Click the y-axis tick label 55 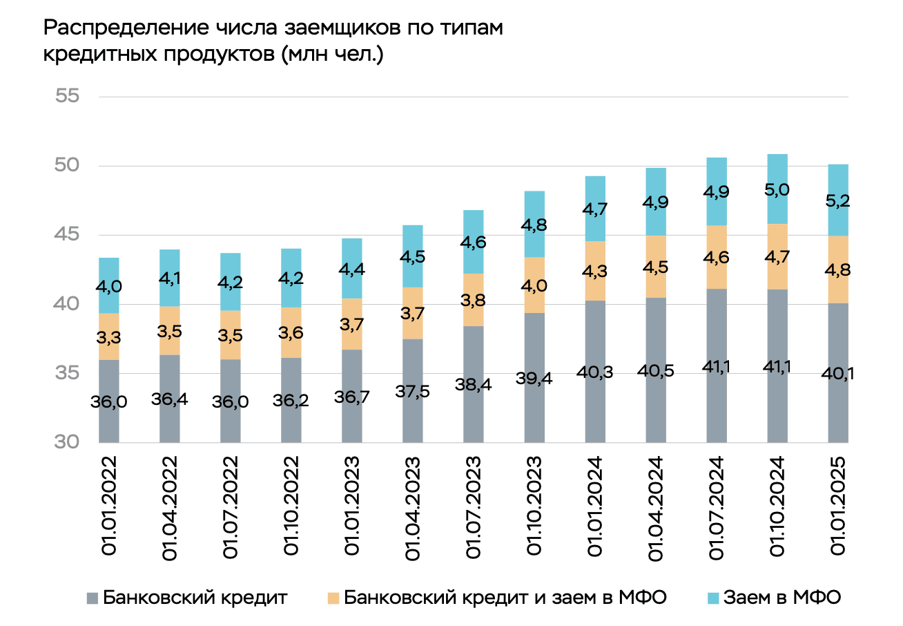[x=67, y=96]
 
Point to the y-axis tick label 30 [x=67, y=442]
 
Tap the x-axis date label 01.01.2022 [x=109, y=506]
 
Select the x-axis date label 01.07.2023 [x=474, y=507]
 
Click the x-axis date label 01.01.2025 [x=837, y=506]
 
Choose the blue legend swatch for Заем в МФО [x=713, y=598]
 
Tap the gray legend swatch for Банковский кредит [x=93, y=598]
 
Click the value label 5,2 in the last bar [x=837, y=201]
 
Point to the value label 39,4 [x=534, y=379]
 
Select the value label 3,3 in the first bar [x=109, y=337]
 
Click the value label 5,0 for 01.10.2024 [x=777, y=189]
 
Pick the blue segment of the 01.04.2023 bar [x=412, y=256]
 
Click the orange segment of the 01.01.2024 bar [x=595, y=271]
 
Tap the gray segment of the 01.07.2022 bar [x=230, y=401]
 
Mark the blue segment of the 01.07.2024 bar [x=717, y=191]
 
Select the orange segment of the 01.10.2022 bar [x=291, y=333]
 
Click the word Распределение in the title [x=126, y=28]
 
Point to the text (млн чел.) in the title [x=332, y=55]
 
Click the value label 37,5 [x=412, y=391]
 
